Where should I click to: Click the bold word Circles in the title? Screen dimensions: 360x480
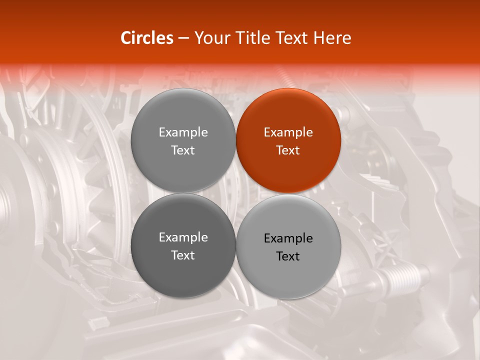click(x=147, y=38)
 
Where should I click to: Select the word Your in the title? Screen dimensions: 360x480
click(x=211, y=38)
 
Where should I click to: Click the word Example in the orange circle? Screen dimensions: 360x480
click(x=288, y=132)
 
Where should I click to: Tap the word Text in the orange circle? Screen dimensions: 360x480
click(x=288, y=150)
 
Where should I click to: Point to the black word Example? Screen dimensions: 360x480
click(x=288, y=238)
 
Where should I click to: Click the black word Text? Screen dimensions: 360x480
click(x=288, y=256)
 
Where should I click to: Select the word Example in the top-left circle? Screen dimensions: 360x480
click(x=183, y=132)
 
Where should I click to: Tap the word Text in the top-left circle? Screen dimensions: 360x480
click(x=183, y=150)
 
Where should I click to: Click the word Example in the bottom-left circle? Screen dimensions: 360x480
click(x=183, y=237)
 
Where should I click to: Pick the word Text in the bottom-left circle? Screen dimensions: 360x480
click(x=183, y=255)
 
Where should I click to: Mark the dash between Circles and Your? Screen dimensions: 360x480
click(x=183, y=38)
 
